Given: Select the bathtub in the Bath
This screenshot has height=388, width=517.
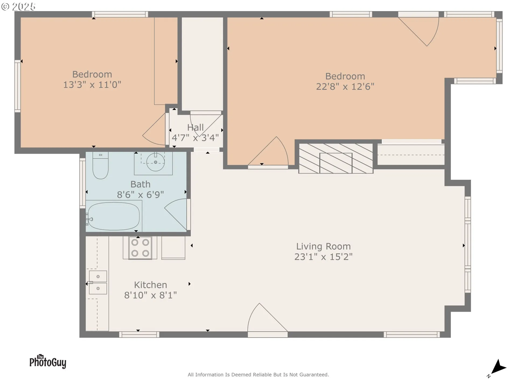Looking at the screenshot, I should tap(114, 216).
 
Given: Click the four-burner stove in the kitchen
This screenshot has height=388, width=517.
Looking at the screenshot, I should tap(140, 248).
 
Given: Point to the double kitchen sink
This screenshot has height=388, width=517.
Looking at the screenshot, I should tap(98, 282).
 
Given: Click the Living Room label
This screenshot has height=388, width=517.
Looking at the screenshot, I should tap(323, 246).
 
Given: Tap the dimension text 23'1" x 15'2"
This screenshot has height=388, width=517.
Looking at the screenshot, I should tap(323, 257).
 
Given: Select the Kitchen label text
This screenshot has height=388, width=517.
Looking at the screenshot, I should tap(150, 285).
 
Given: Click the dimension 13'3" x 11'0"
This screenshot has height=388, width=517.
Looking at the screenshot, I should tap(92, 85).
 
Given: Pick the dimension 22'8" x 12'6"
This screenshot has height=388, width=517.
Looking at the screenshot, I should tap(345, 86).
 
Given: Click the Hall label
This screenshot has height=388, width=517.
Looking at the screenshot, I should tap(195, 127).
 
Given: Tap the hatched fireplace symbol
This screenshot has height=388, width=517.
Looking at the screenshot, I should tap(336, 158).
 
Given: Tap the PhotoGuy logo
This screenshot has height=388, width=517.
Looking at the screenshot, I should tap(48, 362).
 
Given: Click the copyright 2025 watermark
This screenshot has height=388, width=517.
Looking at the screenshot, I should tap(18, 6).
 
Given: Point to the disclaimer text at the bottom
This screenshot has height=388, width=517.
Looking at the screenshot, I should tap(258, 375).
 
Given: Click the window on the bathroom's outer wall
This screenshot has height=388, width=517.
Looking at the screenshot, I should tap(82, 183).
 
